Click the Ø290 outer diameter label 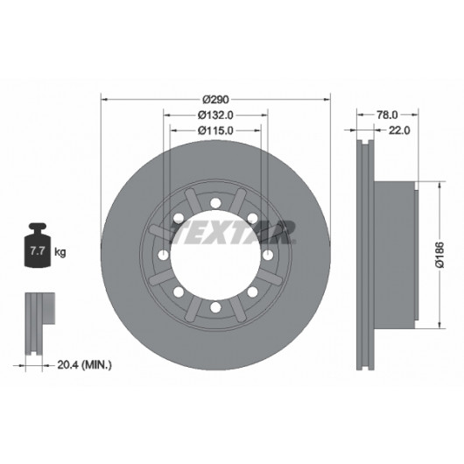(x=215, y=100)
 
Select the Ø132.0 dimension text (x=215, y=115)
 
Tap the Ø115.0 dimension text (x=215, y=130)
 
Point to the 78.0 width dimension (x=387, y=115)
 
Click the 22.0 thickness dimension (x=399, y=130)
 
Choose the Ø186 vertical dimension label (x=440, y=255)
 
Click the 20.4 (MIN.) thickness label (x=84, y=364)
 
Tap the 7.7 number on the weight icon (x=38, y=251)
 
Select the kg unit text (x=60, y=252)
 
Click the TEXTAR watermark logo (x=233, y=232)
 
